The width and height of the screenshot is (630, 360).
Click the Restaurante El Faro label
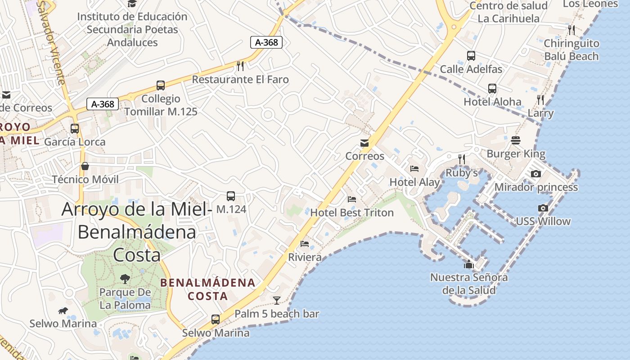(x=240, y=80)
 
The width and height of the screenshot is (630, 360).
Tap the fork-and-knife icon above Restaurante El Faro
(x=240, y=66)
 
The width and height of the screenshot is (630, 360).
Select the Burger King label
(x=516, y=154)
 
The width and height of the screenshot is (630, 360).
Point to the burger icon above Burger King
(x=516, y=140)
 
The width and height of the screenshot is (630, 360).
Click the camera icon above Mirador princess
(x=535, y=174)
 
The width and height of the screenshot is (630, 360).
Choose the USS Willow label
(x=543, y=221)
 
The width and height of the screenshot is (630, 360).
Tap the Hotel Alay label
(x=414, y=182)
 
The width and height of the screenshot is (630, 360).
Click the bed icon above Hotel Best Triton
(x=352, y=199)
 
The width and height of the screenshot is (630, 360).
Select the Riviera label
(x=305, y=257)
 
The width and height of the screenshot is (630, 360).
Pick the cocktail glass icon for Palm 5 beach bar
(x=277, y=300)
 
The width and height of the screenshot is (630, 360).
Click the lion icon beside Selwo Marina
(x=63, y=310)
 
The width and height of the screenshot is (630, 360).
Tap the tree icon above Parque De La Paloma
(x=125, y=279)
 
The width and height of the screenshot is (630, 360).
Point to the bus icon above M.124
(x=231, y=196)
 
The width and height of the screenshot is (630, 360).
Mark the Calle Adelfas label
(x=471, y=69)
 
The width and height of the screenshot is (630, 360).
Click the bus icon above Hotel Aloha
(x=492, y=89)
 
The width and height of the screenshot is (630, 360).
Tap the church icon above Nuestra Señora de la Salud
(x=469, y=265)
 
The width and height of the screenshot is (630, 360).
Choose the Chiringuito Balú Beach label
(x=571, y=50)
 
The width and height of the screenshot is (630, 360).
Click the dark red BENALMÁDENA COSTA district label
(x=208, y=289)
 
